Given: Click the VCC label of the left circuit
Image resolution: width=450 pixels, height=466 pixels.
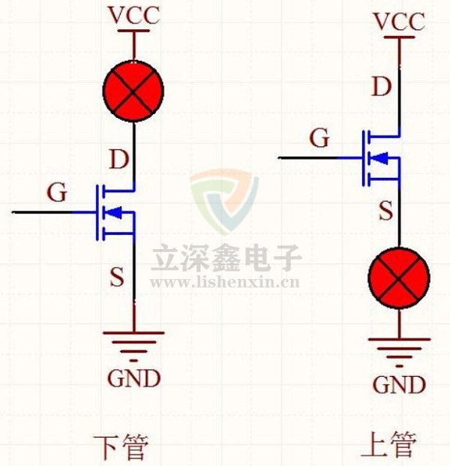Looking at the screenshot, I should [133, 15].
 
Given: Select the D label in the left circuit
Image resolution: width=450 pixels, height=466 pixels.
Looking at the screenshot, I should [118, 159].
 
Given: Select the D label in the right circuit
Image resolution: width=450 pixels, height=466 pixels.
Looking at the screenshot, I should [382, 87].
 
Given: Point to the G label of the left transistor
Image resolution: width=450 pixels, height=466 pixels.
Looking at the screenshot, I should [57, 193].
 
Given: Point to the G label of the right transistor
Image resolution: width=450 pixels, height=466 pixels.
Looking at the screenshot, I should [320, 138].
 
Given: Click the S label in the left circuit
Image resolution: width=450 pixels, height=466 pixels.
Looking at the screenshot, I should [116, 278].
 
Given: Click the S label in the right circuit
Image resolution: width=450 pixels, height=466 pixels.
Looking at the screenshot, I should [385, 211].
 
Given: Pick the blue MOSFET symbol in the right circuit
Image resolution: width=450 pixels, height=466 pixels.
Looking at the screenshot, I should [379, 158].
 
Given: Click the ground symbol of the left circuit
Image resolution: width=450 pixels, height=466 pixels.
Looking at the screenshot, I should [133, 339].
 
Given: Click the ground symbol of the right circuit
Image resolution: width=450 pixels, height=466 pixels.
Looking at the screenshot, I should [399, 346].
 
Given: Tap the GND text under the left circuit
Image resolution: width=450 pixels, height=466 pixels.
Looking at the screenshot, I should [133, 378].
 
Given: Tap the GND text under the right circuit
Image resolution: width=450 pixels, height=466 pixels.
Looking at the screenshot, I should [399, 385].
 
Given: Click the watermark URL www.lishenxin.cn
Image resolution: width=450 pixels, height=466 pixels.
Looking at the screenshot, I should [225, 282].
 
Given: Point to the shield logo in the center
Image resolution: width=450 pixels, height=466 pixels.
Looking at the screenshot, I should [223, 201].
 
